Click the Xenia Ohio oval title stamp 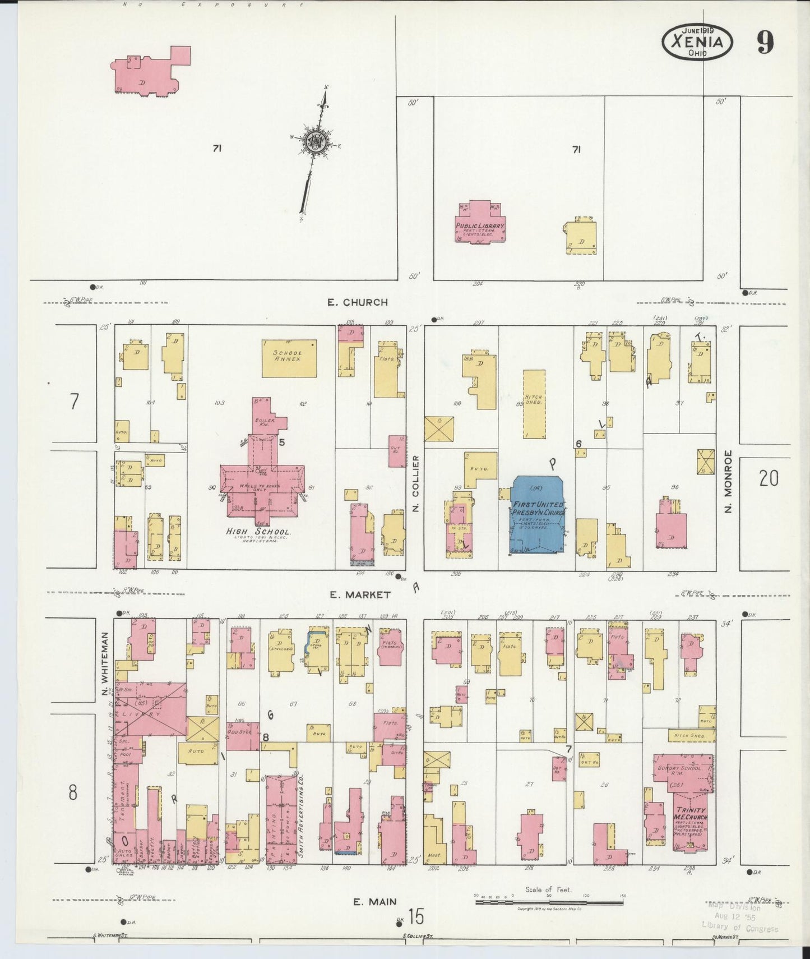pos(697,43)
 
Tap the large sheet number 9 pos(765,43)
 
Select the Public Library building pos(480,223)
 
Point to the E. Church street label pos(358,302)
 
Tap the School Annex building pos(289,358)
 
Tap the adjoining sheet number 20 pos(769,478)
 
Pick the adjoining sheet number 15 pos(416,917)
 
